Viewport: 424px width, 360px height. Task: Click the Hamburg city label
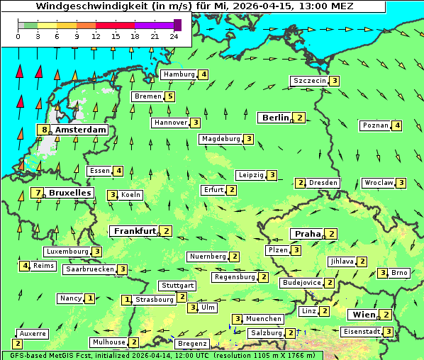[179, 74]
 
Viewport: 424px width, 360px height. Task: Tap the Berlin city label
[276, 118]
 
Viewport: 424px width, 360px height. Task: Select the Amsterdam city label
[80, 130]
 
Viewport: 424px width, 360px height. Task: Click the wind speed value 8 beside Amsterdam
[45, 130]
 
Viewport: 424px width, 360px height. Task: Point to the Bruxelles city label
[69, 192]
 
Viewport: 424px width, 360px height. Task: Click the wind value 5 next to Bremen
[170, 96]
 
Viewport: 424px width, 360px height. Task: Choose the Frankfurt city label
[135, 231]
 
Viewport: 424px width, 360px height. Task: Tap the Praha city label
[308, 234]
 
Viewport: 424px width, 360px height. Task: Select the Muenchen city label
[264, 319]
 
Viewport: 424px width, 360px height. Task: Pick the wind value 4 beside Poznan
[397, 126]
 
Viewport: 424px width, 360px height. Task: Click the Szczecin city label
[310, 81]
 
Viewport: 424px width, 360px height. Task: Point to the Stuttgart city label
[177, 286]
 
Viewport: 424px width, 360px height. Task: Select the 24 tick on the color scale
[174, 35]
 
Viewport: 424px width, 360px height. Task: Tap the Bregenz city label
[192, 344]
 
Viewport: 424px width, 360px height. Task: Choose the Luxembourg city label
[67, 252]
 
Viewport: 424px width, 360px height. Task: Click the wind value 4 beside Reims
[26, 266]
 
